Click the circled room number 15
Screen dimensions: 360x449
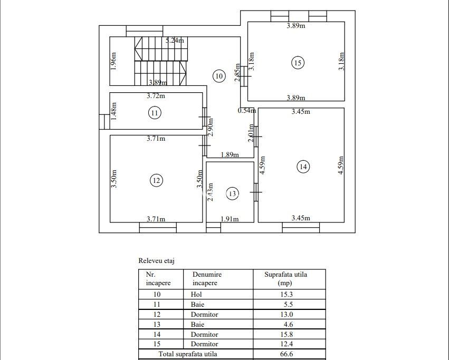tap(298, 63)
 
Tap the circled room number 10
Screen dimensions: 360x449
tap(219, 76)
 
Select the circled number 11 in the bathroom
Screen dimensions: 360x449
tap(154, 112)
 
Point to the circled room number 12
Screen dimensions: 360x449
tap(156, 180)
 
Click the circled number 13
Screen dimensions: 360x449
tap(233, 194)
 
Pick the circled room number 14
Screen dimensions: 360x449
tap(302, 167)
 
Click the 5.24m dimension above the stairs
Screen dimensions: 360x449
tap(175, 40)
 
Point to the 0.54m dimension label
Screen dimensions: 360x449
tap(246, 111)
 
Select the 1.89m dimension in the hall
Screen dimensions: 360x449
tap(230, 155)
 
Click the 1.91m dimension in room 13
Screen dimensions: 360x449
tap(229, 219)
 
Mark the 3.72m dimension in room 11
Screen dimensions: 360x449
tap(156, 96)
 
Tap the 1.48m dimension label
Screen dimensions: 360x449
tap(113, 111)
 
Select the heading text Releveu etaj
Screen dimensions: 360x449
tap(156, 260)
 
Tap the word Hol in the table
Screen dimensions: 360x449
tap(196, 295)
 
